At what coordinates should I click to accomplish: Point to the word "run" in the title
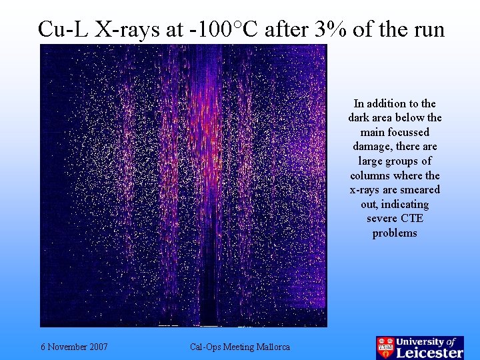(428, 29)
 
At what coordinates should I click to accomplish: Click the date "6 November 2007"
(74, 347)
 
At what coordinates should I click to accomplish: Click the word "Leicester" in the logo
(430, 353)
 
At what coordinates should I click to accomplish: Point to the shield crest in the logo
(385, 347)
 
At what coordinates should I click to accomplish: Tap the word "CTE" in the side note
(412, 219)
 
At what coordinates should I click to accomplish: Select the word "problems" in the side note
(395, 233)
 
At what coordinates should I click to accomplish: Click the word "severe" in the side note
(381, 219)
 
